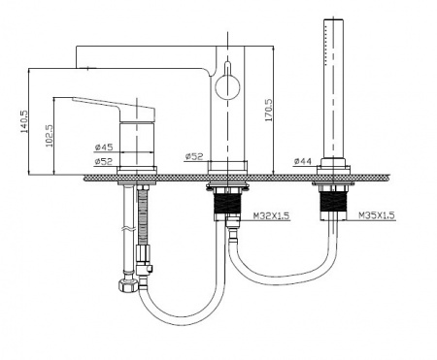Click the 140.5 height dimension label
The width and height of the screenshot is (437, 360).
(24, 121)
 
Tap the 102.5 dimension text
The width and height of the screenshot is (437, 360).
(50, 136)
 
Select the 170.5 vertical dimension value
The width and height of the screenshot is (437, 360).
(269, 110)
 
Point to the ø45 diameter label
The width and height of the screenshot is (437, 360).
(104, 147)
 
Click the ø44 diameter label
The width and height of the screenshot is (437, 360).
(303, 161)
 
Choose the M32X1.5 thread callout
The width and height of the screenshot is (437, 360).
(271, 215)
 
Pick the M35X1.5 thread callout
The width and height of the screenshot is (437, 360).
(377, 215)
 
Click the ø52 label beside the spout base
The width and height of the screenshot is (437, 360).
(194, 156)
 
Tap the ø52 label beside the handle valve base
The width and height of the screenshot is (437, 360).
(104, 161)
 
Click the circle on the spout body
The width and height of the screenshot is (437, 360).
(228, 86)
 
